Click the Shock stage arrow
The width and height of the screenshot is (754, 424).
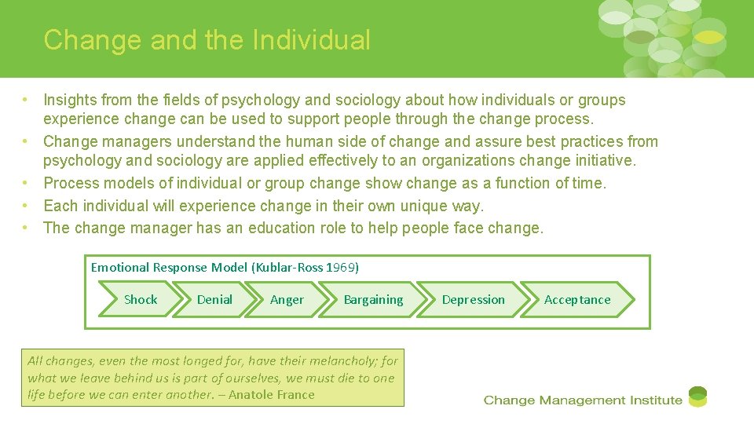tap(141, 299)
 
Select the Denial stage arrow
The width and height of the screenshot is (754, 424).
tap(214, 299)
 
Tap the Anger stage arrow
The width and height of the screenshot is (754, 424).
tap(287, 299)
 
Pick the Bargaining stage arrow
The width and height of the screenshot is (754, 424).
tap(373, 299)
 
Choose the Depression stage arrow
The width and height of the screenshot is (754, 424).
tap(473, 299)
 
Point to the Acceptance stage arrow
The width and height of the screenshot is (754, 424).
tap(577, 299)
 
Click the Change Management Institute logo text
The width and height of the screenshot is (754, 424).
tap(583, 400)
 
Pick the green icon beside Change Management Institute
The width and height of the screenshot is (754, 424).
tap(697, 397)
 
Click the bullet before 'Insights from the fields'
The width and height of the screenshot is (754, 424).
tap(26, 100)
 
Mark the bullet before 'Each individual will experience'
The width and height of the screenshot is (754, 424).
tap(26, 206)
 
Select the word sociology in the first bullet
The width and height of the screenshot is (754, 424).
tap(369, 100)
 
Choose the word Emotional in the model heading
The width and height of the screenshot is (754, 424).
tap(119, 267)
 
